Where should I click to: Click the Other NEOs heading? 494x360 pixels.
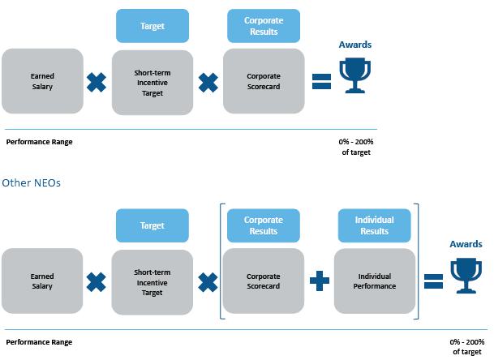[x=31, y=182]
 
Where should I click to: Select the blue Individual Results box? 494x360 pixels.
[x=375, y=225]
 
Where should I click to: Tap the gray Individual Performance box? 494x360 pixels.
[x=375, y=281]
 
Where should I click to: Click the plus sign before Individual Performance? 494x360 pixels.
[x=320, y=281]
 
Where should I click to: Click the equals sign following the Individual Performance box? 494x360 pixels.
[x=433, y=281]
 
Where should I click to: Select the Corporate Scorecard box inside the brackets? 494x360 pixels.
[x=264, y=281]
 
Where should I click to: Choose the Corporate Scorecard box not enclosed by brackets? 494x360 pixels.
[x=264, y=81]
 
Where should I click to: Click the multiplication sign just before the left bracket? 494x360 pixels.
[x=208, y=281]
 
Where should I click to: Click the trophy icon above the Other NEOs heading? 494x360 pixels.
[x=354, y=75]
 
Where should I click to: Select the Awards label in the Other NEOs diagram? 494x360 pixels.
[x=466, y=244]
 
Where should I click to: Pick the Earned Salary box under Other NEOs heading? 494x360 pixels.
[x=42, y=281]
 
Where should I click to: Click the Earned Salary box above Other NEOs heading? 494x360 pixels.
[x=42, y=81]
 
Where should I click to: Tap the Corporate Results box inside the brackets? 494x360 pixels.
[x=264, y=225]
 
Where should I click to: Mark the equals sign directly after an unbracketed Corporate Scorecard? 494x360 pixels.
[x=321, y=81]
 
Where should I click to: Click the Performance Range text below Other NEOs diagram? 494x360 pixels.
[x=39, y=342]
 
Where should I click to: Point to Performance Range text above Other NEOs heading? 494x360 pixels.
[x=39, y=142]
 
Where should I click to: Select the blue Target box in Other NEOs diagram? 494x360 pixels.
[x=152, y=225]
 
